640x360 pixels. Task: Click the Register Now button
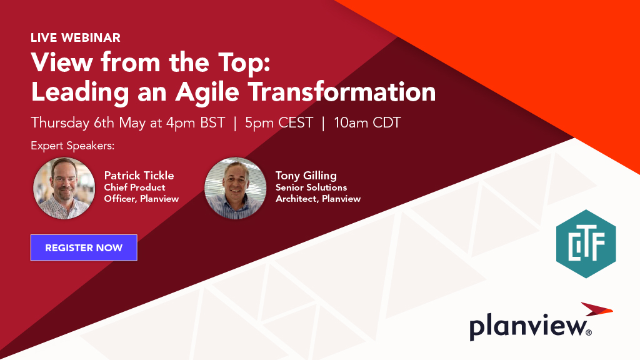point(84,247)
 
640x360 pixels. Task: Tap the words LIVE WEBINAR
point(76,38)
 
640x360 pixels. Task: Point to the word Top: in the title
point(244,63)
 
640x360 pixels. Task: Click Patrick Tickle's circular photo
point(64,188)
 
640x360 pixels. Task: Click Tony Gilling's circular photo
point(236,188)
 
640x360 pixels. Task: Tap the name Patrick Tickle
point(139,176)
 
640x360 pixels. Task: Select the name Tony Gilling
point(306,176)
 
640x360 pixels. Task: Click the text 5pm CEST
point(279,123)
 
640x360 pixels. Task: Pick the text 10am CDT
point(367,123)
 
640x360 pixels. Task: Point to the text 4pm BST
point(196,123)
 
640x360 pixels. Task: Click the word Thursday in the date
point(60,123)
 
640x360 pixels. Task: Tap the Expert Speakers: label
point(72,146)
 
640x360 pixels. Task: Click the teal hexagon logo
point(586,244)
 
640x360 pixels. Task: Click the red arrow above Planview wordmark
point(597,309)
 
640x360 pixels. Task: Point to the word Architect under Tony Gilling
point(297,199)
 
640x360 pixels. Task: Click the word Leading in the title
point(80,92)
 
